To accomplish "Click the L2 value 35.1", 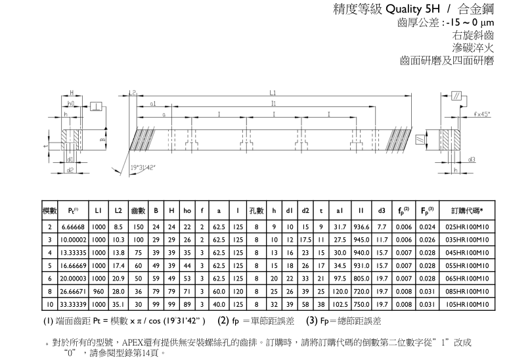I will [x=118, y=305].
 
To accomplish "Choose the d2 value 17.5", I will [x=305, y=240].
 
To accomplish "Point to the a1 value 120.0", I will [x=340, y=292].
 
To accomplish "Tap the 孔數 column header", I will [x=256, y=210].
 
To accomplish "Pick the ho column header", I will [x=187, y=210].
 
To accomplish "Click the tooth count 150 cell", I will [x=139, y=227].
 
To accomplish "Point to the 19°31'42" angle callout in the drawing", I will [x=143, y=167].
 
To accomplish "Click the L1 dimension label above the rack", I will [x=273, y=93].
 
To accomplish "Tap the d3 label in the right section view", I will [x=472, y=159].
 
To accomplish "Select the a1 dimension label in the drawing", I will [x=152, y=103].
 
